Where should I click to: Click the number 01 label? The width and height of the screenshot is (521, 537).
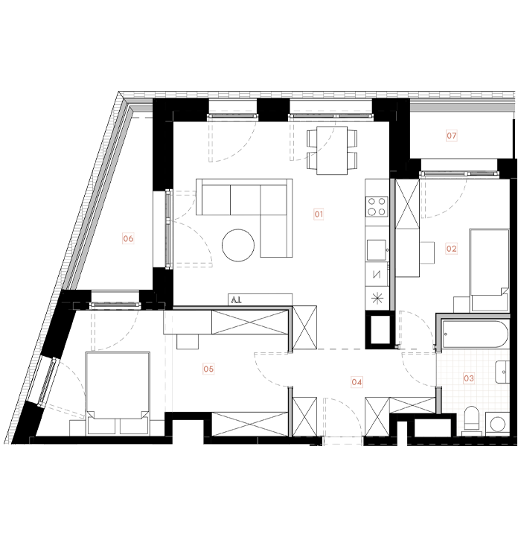point(319,215)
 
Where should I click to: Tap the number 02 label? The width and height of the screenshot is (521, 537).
point(452,249)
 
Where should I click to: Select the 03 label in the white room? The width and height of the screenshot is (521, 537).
point(469,378)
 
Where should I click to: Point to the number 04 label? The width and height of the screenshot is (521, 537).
point(357,382)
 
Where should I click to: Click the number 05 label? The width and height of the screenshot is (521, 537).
point(208,369)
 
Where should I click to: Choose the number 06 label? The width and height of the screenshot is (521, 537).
point(128,238)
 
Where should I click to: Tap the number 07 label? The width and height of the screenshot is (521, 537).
point(452,136)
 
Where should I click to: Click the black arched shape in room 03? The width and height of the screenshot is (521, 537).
point(472,420)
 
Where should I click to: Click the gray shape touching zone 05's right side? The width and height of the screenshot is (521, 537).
point(260,369)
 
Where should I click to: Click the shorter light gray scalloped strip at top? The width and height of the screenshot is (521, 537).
point(231,109)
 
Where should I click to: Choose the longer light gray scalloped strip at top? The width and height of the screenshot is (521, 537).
point(331,109)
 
